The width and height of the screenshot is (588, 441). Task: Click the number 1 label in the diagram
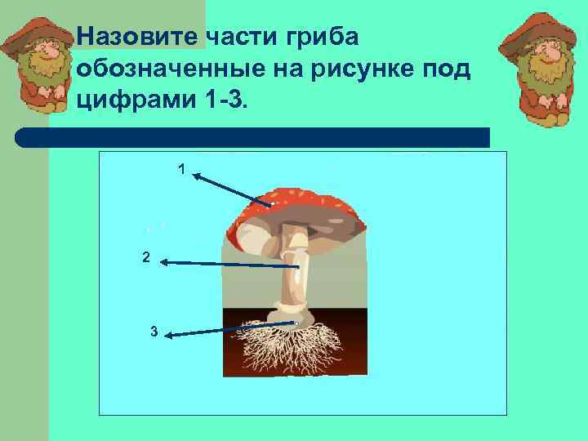(x=181, y=169)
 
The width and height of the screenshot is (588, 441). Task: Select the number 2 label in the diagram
(x=145, y=258)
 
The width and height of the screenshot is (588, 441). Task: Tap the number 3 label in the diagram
(x=154, y=332)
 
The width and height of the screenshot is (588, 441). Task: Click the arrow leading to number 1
(x=233, y=189)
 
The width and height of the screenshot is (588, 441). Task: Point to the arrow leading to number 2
(x=229, y=265)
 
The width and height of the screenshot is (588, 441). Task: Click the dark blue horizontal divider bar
(x=253, y=137)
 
